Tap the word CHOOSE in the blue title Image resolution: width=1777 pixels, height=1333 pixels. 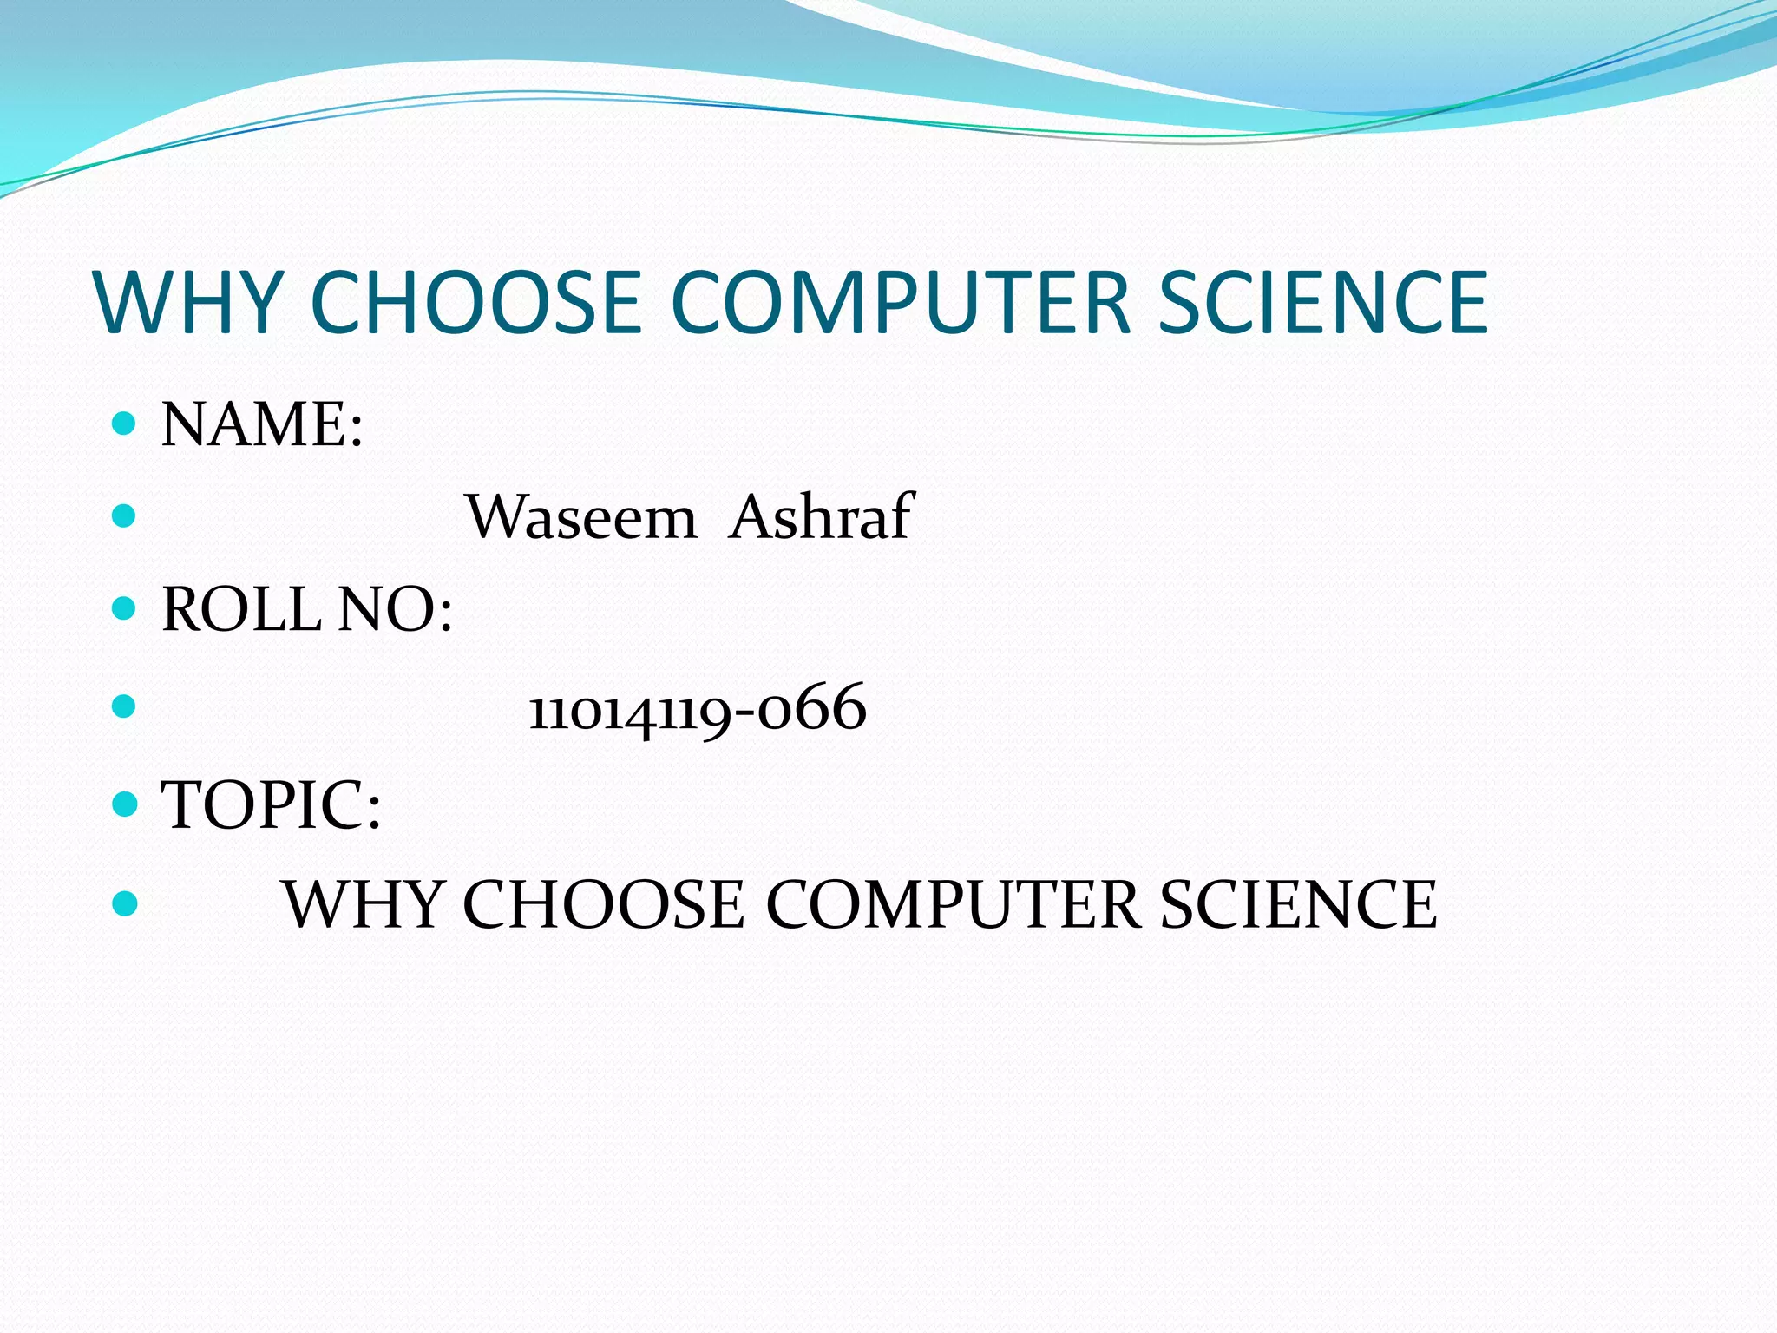(475, 302)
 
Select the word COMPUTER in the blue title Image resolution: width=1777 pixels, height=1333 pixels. (901, 302)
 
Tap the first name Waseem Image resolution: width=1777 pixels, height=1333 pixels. (581, 517)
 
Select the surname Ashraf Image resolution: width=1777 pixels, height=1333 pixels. (821, 517)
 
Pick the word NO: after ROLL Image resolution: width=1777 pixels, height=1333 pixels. (395, 609)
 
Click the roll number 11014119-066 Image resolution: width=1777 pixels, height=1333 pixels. (698, 708)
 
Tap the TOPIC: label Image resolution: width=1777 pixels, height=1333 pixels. (272, 805)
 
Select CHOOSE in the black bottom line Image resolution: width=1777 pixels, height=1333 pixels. (602, 904)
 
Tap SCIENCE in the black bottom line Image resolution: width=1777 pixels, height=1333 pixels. (1298, 904)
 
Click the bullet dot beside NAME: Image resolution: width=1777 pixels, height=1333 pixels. (125, 424)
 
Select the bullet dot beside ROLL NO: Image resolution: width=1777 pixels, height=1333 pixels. (125, 608)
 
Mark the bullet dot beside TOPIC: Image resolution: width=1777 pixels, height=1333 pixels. (125, 804)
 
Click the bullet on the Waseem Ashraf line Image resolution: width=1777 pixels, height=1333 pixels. (125, 516)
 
